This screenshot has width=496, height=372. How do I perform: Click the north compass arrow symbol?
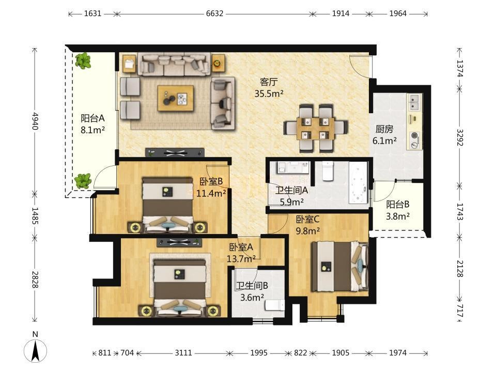pos(36,350)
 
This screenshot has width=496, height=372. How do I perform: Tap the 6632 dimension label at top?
pos(214,13)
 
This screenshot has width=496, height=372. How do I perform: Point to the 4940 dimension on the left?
pos(35,121)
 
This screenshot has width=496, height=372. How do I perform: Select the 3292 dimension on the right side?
pos(460,137)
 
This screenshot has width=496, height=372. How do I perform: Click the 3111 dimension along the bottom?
pos(183,353)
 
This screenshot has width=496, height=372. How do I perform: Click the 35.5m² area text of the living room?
pos(269,94)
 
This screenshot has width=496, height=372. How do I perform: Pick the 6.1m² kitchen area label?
pos(384,141)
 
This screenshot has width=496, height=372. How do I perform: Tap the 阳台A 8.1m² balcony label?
pos(92,124)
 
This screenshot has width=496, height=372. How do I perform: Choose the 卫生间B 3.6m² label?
pos(252,291)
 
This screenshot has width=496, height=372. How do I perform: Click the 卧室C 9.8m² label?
pos(308,225)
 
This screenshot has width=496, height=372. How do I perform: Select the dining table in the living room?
pos(316,129)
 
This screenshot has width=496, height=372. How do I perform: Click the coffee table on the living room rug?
pos(176,98)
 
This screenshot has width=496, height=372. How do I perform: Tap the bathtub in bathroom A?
pos(359,182)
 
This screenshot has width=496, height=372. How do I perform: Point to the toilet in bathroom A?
pos(328,171)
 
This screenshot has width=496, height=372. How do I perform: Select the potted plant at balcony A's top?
pos(83,61)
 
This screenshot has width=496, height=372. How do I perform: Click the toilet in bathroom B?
pos(274,305)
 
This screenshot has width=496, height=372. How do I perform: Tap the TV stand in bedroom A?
pos(179,242)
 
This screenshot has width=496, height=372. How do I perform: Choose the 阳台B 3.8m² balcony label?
pos(398,210)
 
